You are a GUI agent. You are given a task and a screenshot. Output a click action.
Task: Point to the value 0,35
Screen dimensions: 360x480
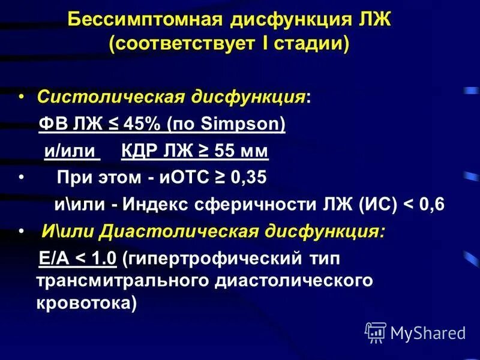coord(247,178)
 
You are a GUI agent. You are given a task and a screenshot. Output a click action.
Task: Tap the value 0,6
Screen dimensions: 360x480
coord(430,204)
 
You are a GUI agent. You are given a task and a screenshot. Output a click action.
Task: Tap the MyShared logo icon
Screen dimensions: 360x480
coord(376,331)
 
